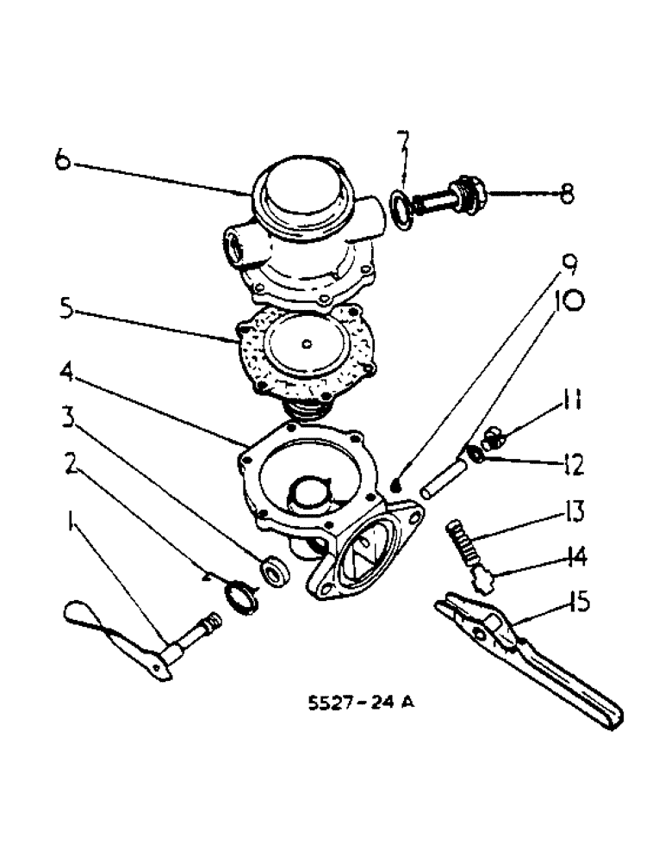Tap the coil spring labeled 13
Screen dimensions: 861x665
(x=463, y=540)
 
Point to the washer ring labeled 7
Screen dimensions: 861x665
(x=401, y=210)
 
